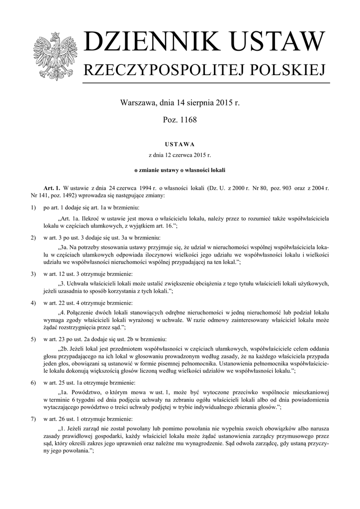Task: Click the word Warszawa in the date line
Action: click(137, 103)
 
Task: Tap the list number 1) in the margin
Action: click(33, 207)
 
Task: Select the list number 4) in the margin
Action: click(33, 302)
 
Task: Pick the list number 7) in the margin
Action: click(33, 419)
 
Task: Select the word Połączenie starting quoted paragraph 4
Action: click(83, 312)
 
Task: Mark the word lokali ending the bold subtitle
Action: click(218, 170)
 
